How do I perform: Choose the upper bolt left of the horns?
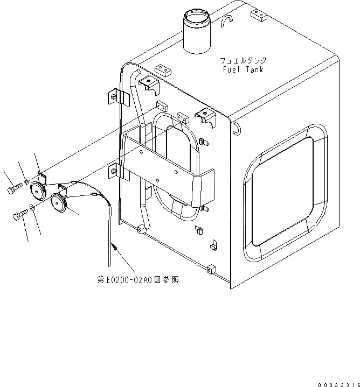13,189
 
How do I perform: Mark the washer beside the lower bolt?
33,207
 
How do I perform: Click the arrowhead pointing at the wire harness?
114,247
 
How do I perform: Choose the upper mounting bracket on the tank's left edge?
119,97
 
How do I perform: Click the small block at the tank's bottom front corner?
211,267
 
